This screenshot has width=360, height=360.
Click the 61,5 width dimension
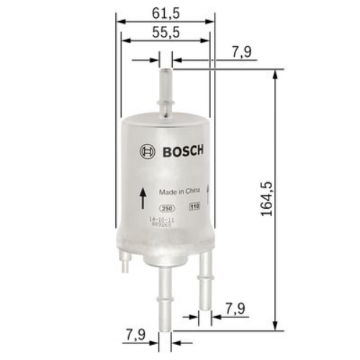pyautogui.click(x=166, y=14)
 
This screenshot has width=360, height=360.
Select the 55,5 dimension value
pyautogui.click(x=166, y=32)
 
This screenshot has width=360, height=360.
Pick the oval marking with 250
pyautogui.click(x=168, y=207)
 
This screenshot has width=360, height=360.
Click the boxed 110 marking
pyautogui.click(x=194, y=207)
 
